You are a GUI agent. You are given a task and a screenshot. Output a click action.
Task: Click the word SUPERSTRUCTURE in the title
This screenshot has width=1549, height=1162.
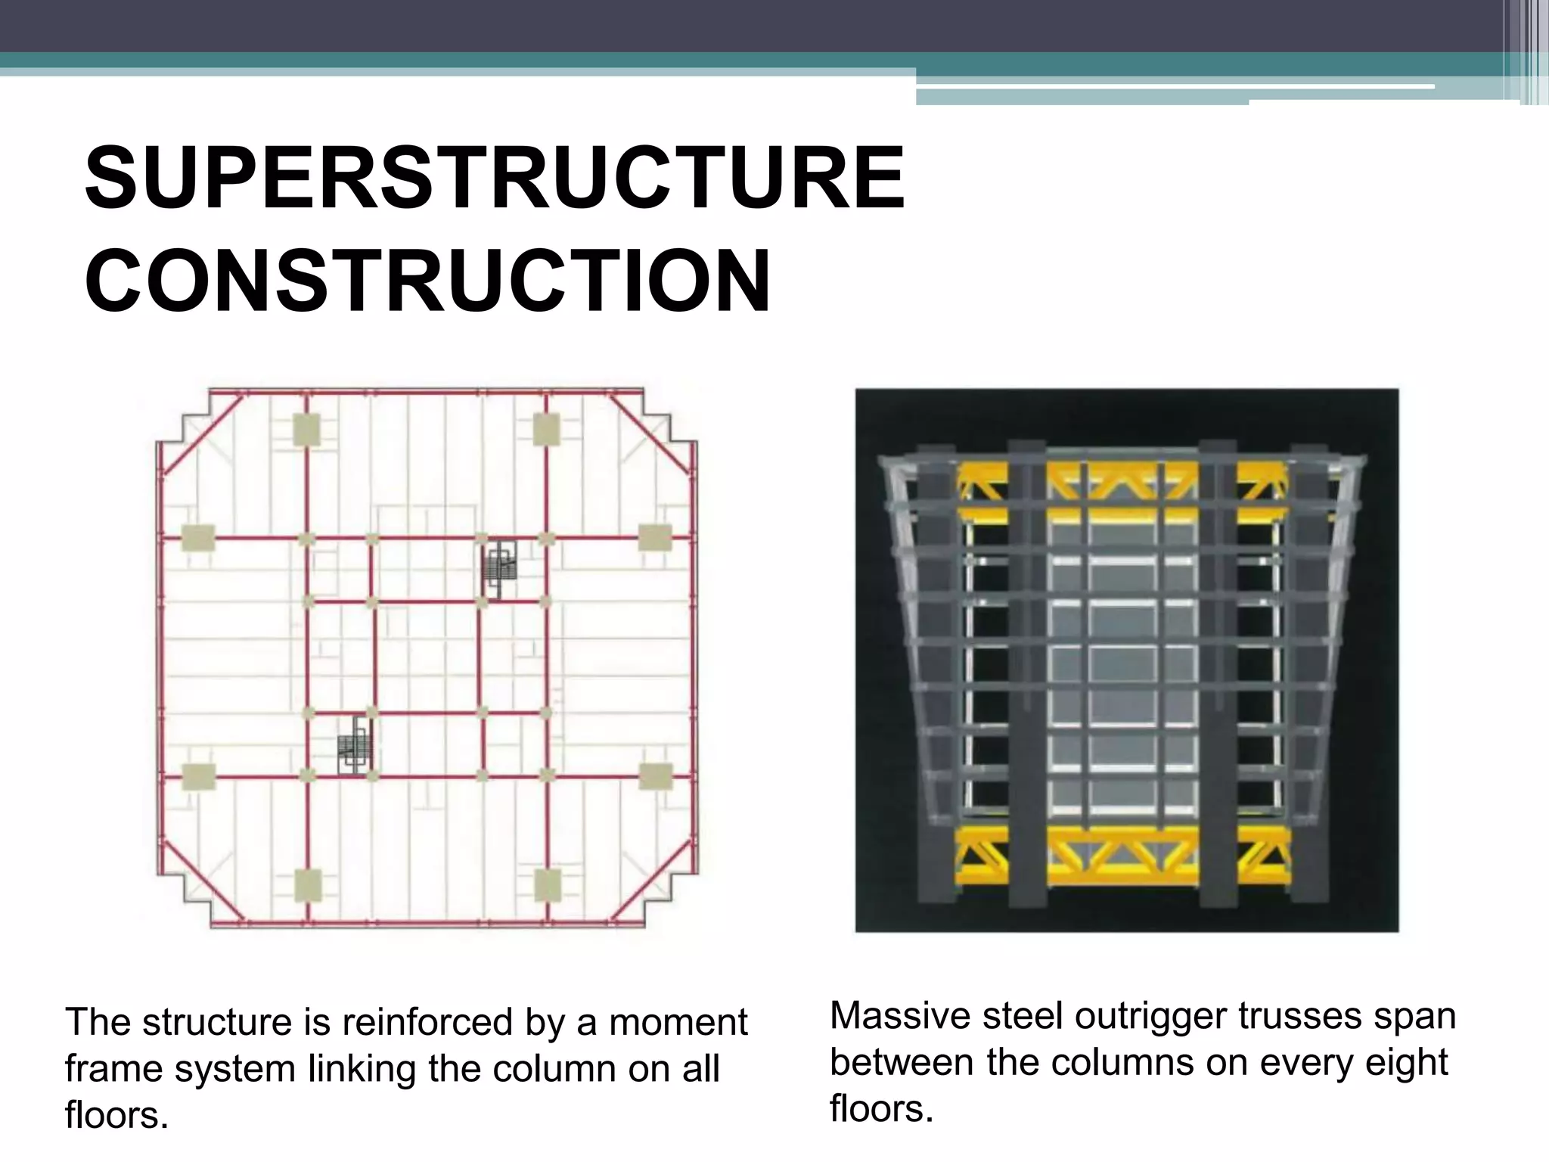point(495,179)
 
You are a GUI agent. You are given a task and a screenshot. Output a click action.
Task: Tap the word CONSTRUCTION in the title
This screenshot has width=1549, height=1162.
point(427,281)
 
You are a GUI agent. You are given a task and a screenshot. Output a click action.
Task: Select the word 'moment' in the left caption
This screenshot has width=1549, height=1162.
point(678,1022)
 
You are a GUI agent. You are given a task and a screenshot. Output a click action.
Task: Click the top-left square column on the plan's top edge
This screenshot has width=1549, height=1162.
point(307,430)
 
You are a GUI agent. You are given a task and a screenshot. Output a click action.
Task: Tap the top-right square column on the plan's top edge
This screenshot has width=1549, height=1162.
point(546,430)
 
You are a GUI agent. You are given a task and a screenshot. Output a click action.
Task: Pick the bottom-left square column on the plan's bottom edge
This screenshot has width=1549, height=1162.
point(308,884)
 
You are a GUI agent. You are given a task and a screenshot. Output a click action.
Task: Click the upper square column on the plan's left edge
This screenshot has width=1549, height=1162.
point(198,538)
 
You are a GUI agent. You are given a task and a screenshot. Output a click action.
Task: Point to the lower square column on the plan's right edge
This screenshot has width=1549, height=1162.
point(656,776)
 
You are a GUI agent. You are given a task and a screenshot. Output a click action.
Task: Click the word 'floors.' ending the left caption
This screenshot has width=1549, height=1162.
point(116,1115)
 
